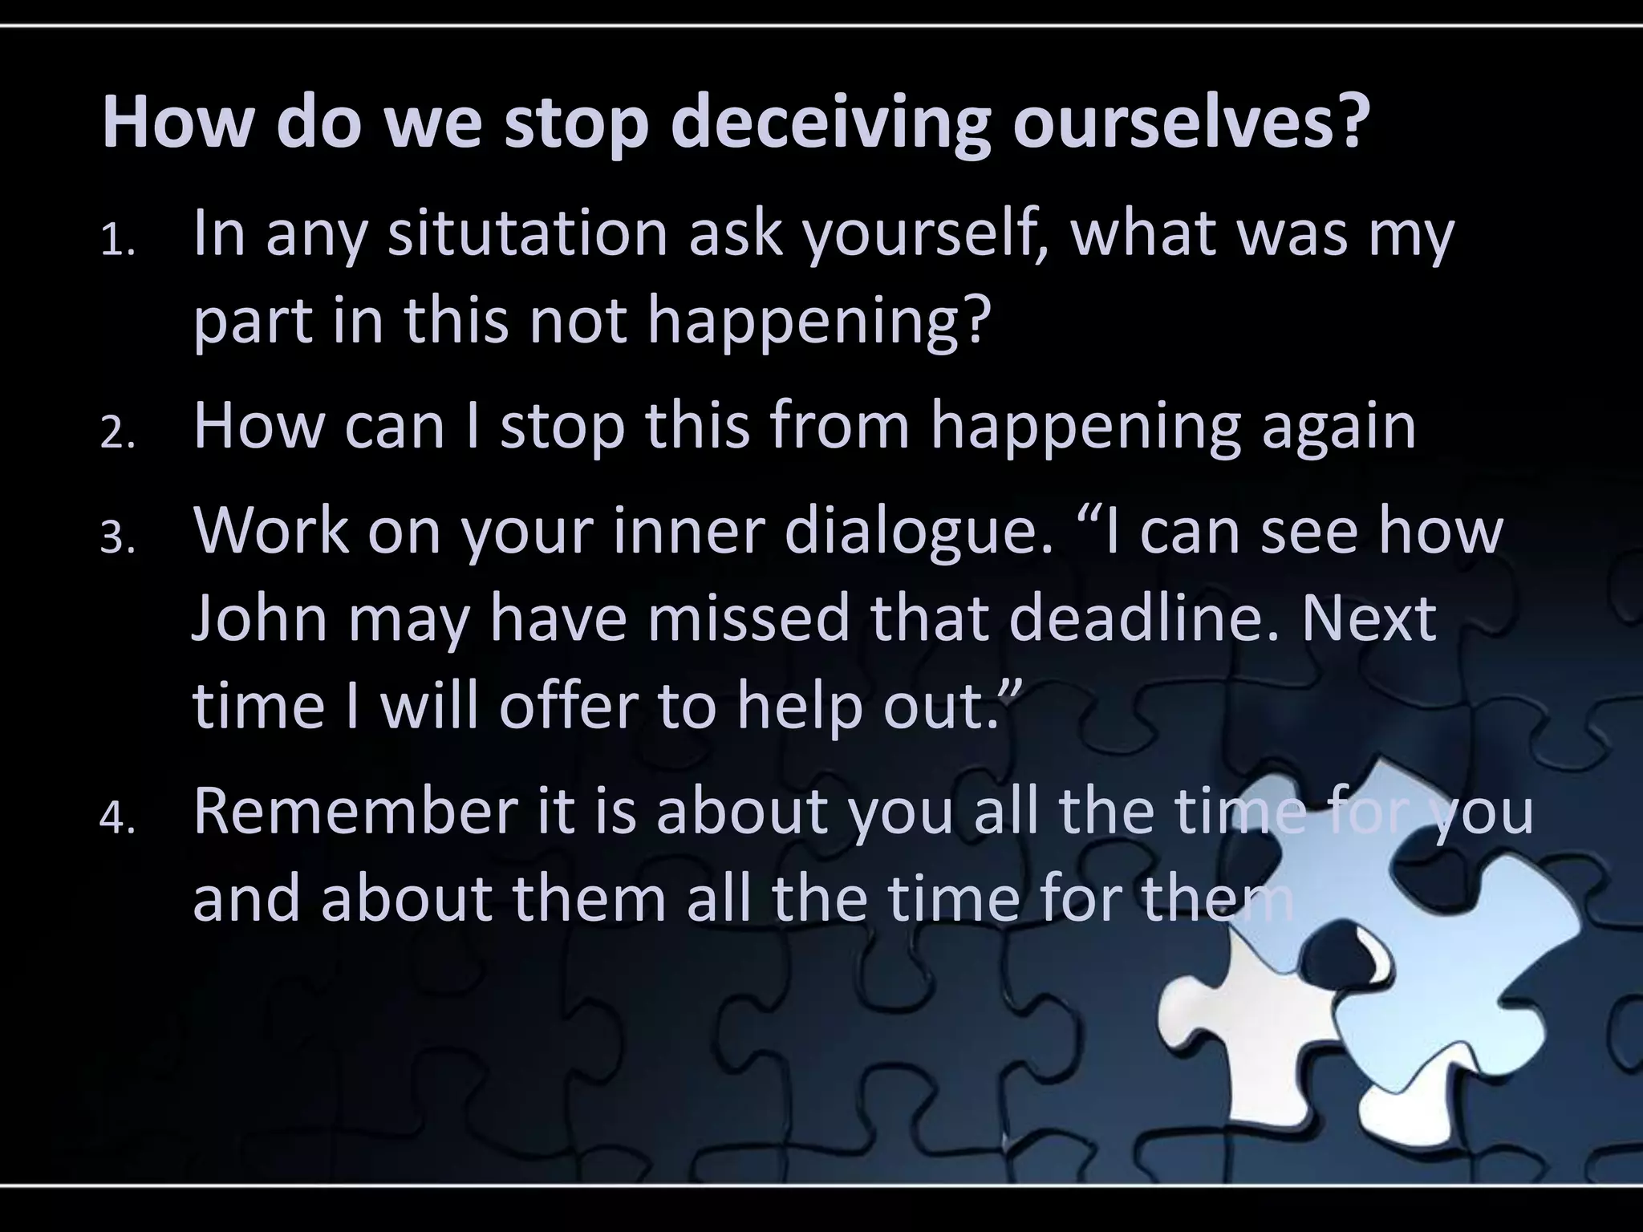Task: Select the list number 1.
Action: pos(118,243)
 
